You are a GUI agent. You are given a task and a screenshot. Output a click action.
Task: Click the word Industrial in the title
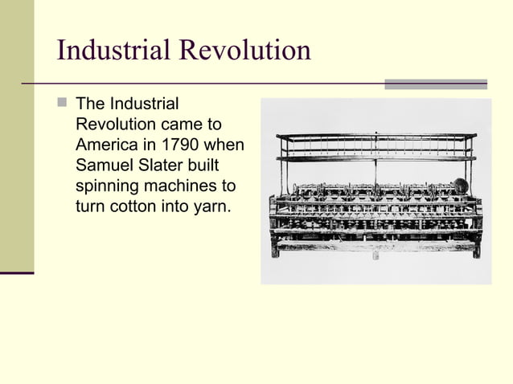113,51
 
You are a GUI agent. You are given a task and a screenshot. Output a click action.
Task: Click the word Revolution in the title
244,51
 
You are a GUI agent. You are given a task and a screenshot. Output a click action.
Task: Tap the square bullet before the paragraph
63,103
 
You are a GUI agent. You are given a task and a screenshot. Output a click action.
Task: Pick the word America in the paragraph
105,145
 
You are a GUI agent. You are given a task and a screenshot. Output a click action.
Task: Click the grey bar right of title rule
435,84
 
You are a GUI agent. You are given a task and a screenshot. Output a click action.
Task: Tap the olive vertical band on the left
16,137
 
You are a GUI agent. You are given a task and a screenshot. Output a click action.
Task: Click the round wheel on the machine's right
461,186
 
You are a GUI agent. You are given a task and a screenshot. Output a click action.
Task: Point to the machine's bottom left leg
275,248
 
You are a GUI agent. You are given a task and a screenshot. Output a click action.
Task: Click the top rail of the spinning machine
376,136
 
